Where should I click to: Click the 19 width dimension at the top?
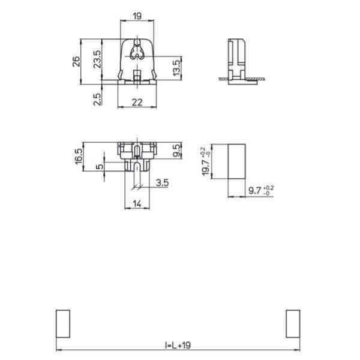pos(137,16)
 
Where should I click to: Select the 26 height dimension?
pos(76,62)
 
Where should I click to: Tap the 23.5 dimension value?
pos(97,59)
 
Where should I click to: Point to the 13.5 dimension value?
pos(176,68)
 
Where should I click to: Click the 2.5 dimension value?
pos(97,99)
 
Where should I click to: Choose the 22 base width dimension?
pos(137,103)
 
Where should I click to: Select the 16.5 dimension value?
pos(79,157)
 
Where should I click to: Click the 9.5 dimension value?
pos(177,151)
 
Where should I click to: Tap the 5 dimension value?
pos(100,166)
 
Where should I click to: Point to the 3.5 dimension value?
pos(162,183)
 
